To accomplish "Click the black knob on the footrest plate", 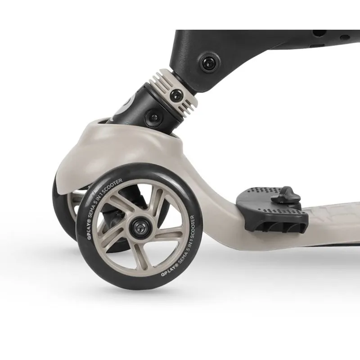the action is (x=285, y=195).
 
